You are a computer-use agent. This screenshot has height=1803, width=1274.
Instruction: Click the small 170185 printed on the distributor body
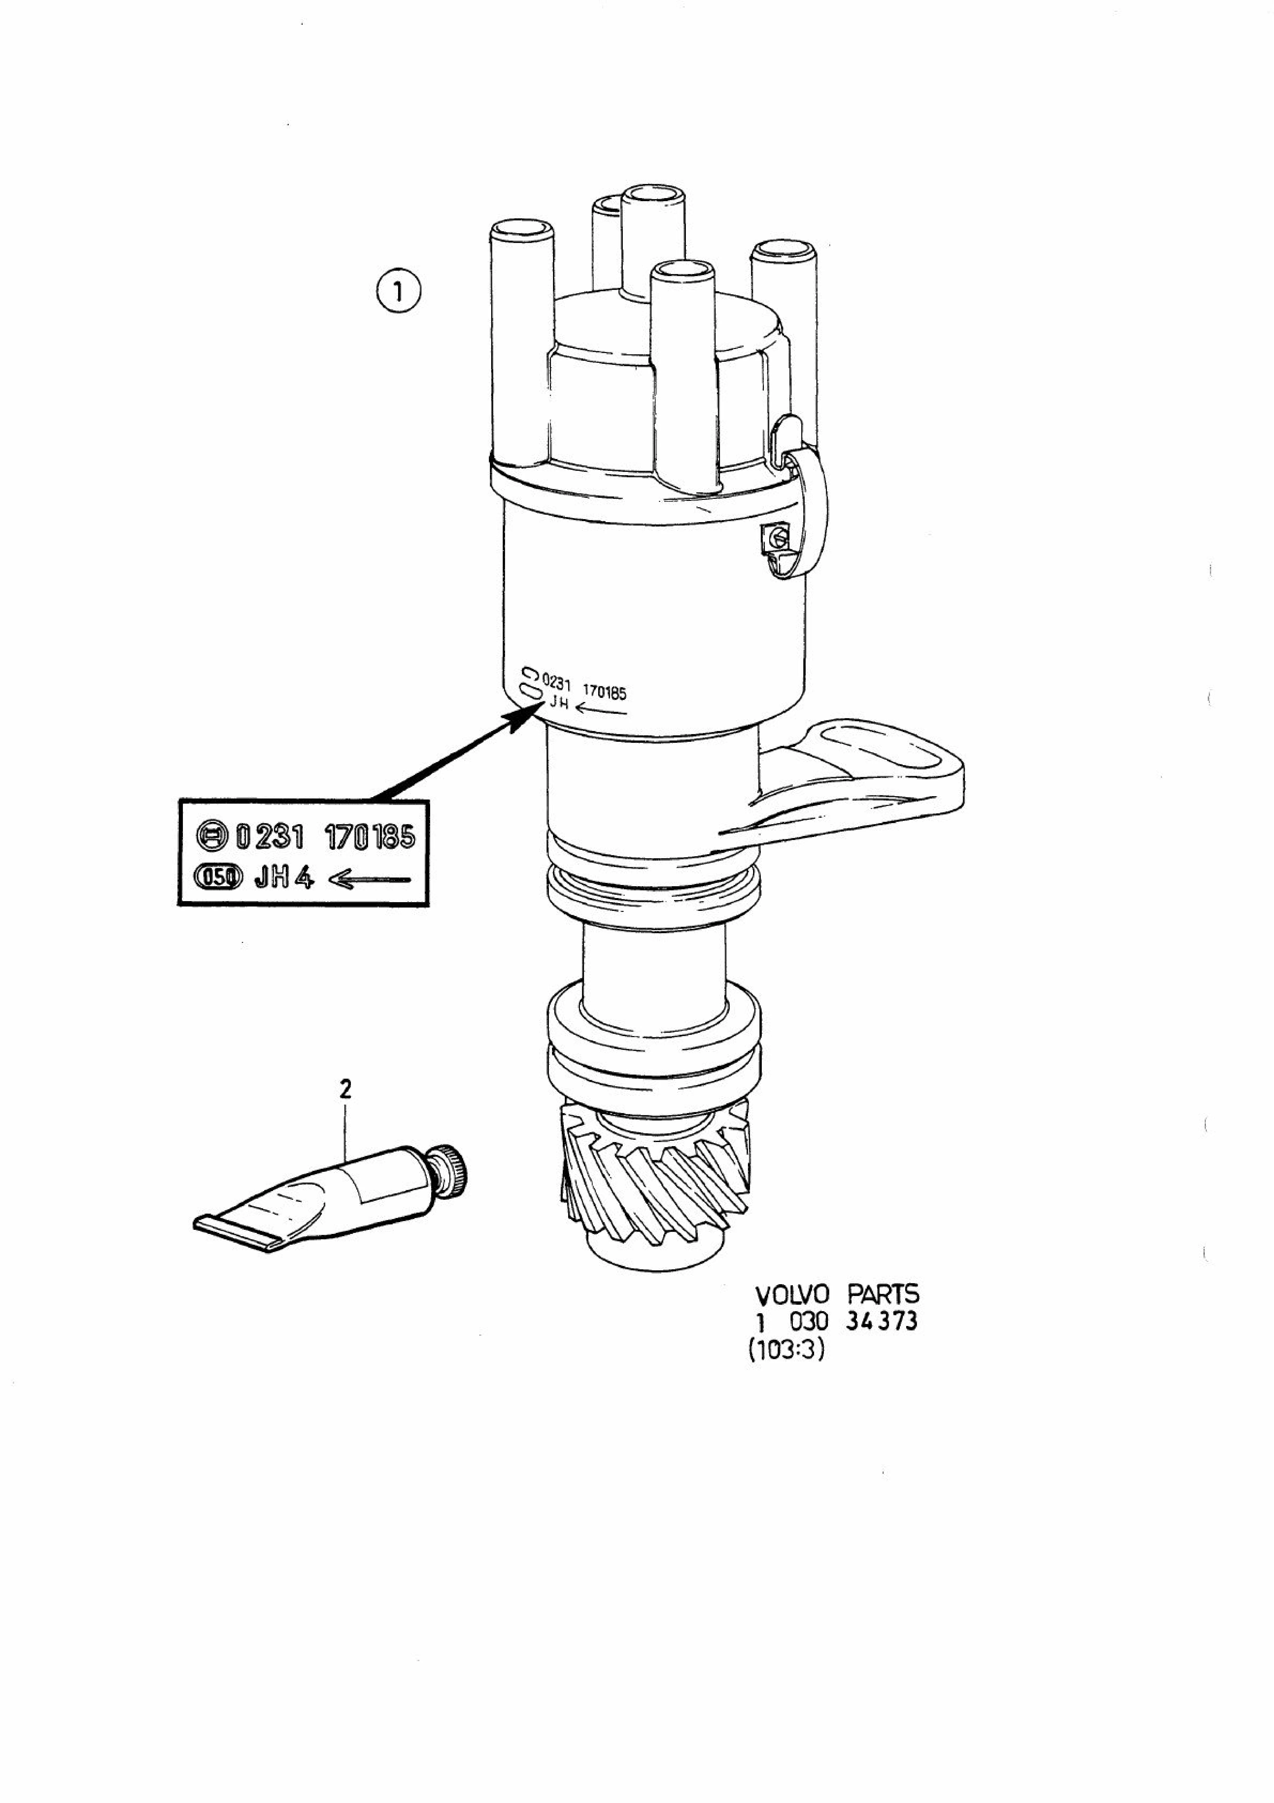click(604, 693)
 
